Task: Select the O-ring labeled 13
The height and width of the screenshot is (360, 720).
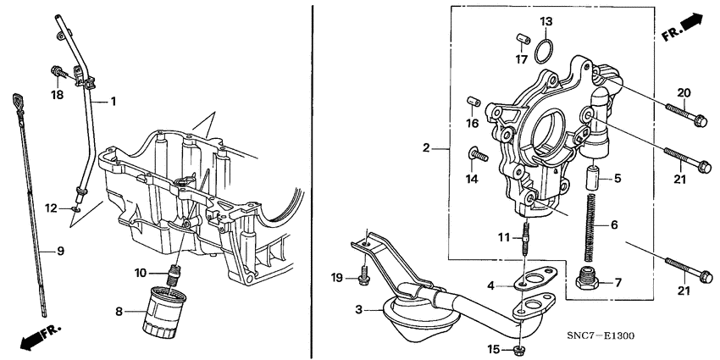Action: click(x=546, y=51)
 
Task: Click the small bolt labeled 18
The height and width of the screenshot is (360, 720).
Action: click(x=60, y=73)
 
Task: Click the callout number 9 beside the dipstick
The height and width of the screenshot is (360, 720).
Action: click(x=60, y=250)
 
